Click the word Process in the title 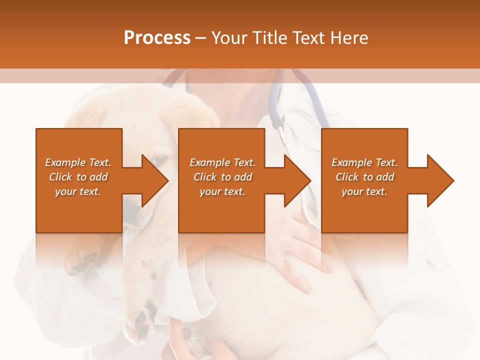click(157, 38)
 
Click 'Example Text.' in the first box click(78, 162)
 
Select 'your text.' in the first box click(78, 191)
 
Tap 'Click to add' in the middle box click(222, 177)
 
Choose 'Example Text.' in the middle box click(222, 162)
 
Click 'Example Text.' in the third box click(364, 162)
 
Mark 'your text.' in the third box click(364, 191)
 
